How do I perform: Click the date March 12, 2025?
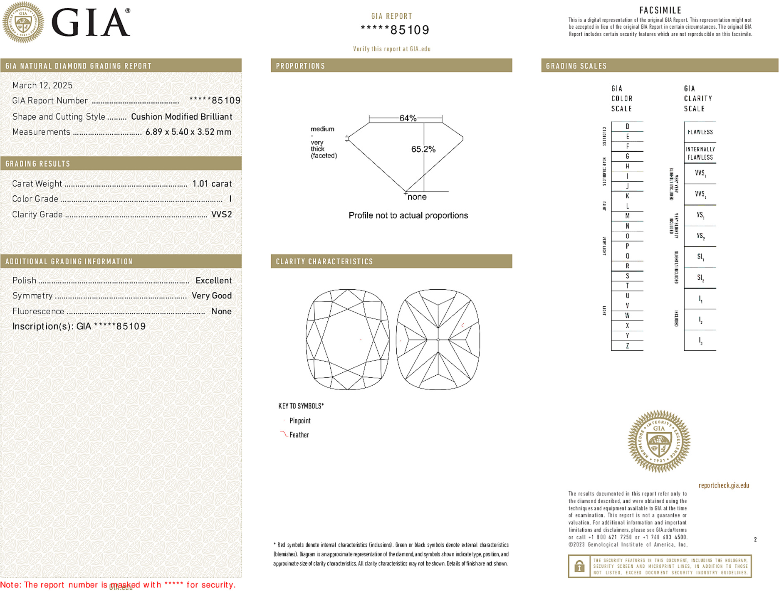[42, 86]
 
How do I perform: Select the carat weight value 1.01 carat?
[212, 184]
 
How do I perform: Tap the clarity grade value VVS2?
[222, 214]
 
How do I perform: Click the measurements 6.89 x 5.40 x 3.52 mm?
[188, 132]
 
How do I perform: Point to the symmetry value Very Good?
[211, 296]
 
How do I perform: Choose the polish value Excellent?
[213, 281]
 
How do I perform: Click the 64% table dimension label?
[408, 118]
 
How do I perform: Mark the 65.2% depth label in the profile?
[423, 149]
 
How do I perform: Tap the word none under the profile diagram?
[417, 197]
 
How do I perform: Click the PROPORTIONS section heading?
[300, 66]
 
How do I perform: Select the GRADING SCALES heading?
[576, 66]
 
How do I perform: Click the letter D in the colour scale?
[627, 126]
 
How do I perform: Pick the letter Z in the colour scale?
[627, 346]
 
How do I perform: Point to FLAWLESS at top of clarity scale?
[700, 132]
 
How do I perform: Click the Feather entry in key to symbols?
[299, 435]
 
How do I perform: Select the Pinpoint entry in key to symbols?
[299, 421]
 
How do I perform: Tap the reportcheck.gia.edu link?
[723, 485]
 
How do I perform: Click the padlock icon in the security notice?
[579, 566]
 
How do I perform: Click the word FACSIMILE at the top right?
[660, 10]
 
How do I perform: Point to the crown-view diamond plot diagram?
[348, 340]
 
